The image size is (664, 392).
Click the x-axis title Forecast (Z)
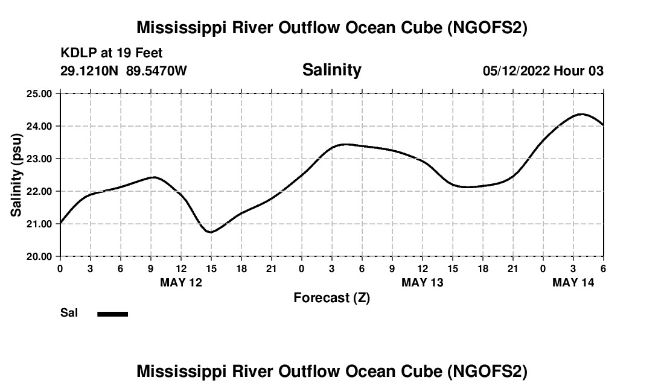[331, 297]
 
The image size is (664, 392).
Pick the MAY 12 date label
[180, 282]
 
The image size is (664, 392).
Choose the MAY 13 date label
[423, 282]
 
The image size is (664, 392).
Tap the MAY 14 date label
[573, 282]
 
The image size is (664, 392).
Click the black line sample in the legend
[112, 314]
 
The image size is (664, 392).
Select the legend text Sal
[68, 313]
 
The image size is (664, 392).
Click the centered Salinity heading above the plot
[331, 70]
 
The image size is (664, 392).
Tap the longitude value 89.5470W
[156, 71]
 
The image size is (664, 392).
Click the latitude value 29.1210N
[89, 71]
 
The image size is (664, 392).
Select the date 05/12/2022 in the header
[516, 71]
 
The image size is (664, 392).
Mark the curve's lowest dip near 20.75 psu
[211, 232]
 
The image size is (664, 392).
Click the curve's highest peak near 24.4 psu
[581, 114]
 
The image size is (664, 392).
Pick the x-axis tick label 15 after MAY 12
[211, 268]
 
